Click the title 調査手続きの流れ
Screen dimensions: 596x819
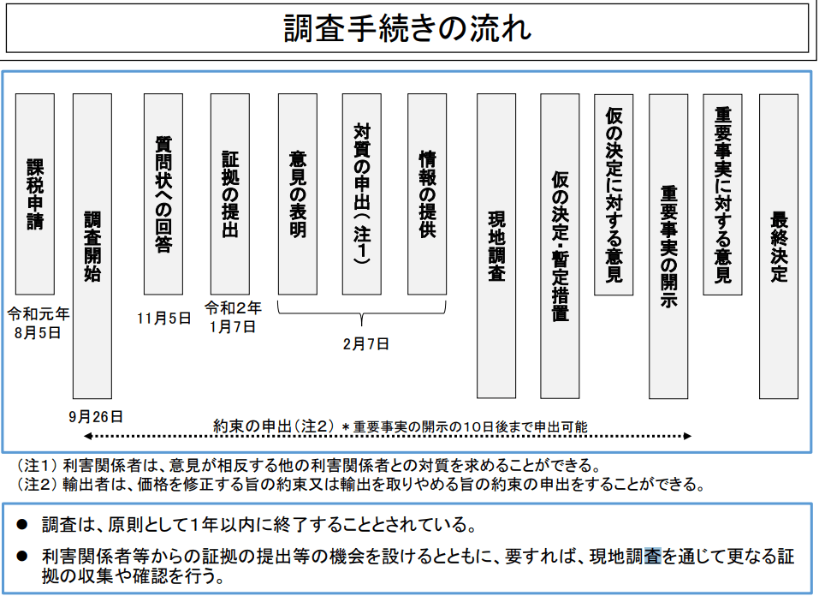[x=408, y=28]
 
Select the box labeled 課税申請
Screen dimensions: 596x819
[x=35, y=194]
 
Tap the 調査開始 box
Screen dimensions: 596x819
[x=92, y=246]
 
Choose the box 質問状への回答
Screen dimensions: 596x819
[x=163, y=194]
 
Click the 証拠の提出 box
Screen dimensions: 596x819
[x=230, y=194]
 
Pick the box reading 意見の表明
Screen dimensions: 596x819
[x=297, y=194]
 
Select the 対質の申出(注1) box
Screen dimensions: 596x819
[x=362, y=194]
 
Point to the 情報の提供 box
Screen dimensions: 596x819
[x=427, y=194]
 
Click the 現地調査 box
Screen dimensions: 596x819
[x=496, y=246]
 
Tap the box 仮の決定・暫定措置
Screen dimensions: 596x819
[x=560, y=246]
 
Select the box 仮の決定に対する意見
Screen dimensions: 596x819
[x=614, y=194]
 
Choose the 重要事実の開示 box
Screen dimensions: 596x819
[x=668, y=246]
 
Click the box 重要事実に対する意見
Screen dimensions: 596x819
[x=723, y=194]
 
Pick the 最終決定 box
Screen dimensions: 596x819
[x=779, y=246]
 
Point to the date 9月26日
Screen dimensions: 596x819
[x=96, y=417]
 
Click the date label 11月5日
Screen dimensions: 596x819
[x=163, y=319]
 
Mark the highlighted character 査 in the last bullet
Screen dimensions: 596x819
[x=653, y=556]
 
